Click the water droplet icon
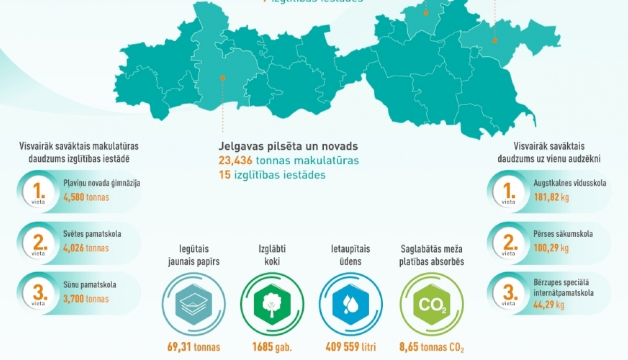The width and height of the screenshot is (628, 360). click(350, 304)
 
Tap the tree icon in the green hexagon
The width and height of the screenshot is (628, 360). click(272, 304)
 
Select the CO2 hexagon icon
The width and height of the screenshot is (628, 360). click(432, 305)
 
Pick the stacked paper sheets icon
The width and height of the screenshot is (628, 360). click(193, 304)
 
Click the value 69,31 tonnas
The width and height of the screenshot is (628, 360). click(193, 347)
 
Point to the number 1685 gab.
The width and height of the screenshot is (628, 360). click(272, 347)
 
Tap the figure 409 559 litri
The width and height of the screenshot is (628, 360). click(350, 347)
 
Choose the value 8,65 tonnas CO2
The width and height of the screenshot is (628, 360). click(432, 347)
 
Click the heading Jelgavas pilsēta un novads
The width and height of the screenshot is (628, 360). click(288, 147)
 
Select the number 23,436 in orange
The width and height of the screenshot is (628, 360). click(235, 160)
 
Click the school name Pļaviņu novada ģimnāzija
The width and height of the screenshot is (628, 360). click(102, 183)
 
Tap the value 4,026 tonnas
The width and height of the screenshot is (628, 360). click(86, 248)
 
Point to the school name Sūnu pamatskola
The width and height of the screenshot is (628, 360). click(90, 285)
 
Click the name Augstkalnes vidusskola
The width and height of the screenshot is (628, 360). click(570, 183)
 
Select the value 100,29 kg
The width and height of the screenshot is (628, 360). click(551, 248)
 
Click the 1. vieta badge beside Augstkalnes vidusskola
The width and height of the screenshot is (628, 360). click(508, 192)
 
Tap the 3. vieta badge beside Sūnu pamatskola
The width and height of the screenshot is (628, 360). click(39, 294)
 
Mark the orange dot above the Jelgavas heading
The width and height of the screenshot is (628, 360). click(223, 78)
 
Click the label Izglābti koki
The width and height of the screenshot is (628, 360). click(272, 255)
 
